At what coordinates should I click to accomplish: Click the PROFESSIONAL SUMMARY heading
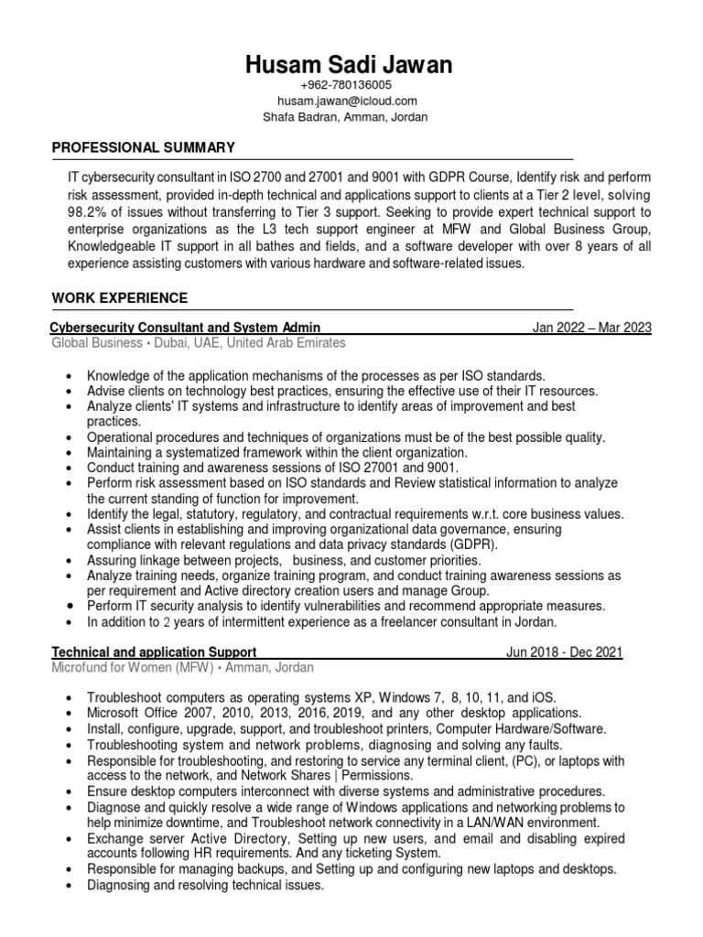[x=143, y=147]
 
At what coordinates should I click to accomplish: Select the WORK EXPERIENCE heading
[x=120, y=298]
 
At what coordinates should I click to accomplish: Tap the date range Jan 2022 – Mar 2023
[x=591, y=327]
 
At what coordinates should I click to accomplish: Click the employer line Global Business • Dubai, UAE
[x=199, y=343]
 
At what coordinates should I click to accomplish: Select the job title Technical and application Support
[x=154, y=652]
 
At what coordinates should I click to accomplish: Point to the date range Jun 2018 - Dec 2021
[x=564, y=652]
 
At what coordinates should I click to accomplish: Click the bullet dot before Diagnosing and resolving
[x=70, y=886]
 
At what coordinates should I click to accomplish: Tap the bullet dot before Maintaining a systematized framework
[x=70, y=453]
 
